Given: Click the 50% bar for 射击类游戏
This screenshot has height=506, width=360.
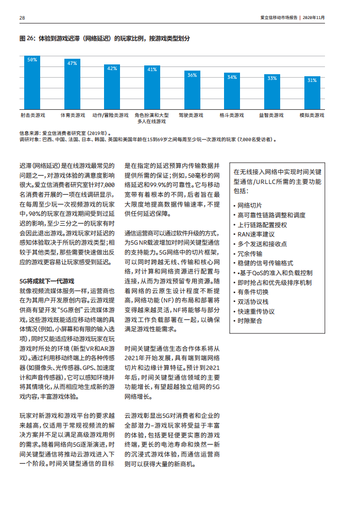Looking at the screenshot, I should click(32, 82).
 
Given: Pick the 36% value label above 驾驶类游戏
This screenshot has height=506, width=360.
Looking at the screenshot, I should click(192, 75).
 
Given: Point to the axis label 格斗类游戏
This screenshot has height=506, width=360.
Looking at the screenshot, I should click(232, 115).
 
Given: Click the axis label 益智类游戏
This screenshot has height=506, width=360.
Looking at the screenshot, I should click(271, 115).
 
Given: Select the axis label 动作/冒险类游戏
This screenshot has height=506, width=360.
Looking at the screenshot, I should click(110, 115).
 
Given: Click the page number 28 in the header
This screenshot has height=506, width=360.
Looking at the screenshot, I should click(22, 18).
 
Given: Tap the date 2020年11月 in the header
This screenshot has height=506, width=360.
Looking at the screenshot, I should click(314, 18).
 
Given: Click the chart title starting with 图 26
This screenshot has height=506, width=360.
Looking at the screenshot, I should click(105, 39).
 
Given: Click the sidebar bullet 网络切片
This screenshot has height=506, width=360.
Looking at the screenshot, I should click(250, 205).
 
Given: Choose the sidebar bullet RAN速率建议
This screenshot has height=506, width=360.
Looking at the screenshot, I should click(256, 234).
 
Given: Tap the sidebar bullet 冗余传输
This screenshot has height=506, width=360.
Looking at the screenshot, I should click(250, 254).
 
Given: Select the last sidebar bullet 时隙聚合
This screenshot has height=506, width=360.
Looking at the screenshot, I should click(250, 321).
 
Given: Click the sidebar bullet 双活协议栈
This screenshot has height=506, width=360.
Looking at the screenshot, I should click(253, 301).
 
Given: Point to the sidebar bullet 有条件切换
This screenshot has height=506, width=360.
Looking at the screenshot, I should click(253, 292).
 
